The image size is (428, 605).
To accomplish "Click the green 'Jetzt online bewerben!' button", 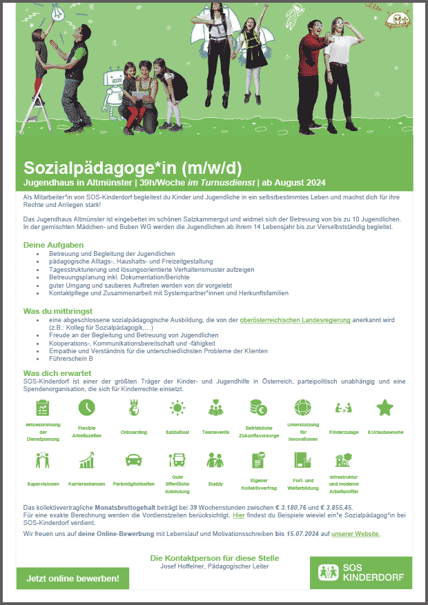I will click(72, 578).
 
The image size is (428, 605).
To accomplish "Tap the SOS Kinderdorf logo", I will click(361, 573).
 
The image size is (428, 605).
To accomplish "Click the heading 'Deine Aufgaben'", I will click(54, 244).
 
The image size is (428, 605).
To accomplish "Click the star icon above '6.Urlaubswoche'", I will click(385, 408).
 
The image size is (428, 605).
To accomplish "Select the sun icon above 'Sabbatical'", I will click(178, 408).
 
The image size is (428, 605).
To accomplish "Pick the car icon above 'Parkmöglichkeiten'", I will click(133, 460).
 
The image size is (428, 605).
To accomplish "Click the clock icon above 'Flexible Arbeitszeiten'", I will click(87, 408).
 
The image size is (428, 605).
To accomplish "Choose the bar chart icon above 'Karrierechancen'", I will click(87, 460).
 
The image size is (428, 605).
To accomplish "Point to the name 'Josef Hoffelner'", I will click(177, 567).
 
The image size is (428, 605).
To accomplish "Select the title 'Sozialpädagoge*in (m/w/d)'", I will click(133, 168).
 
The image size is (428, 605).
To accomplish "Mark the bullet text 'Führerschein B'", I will click(71, 359).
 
